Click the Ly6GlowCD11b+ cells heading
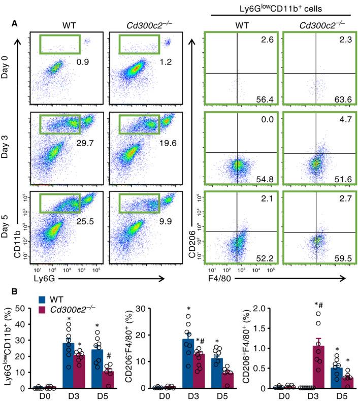[276, 8]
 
